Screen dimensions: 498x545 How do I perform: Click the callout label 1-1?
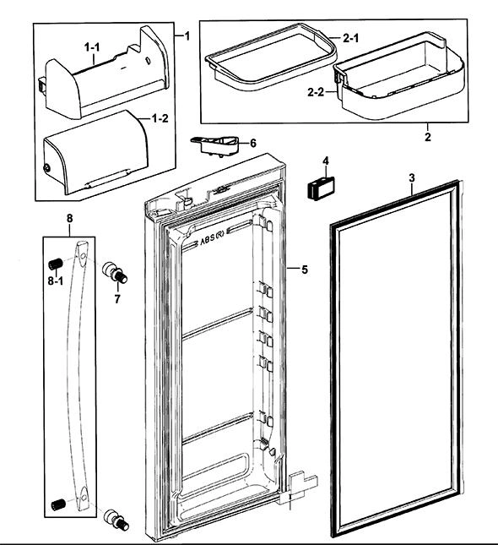click(x=92, y=47)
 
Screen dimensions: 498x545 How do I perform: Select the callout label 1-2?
click(x=160, y=118)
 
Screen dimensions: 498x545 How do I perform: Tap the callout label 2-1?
click(x=351, y=38)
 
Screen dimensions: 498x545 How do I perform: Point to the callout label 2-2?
click(x=316, y=92)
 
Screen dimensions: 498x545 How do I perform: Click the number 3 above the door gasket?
click(x=412, y=178)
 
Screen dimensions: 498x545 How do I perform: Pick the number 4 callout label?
click(x=326, y=161)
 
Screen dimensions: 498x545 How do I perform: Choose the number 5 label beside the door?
click(x=305, y=270)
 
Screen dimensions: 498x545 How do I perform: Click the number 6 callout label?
click(x=253, y=143)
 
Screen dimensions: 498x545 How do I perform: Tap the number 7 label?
click(x=117, y=298)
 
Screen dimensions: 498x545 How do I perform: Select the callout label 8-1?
click(x=56, y=281)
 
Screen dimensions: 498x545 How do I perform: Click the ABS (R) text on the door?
click(x=213, y=240)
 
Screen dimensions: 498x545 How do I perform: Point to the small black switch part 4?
click(x=321, y=188)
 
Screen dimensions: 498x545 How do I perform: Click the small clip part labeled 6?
click(x=215, y=146)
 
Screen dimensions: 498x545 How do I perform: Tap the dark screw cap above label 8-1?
click(x=55, y=264)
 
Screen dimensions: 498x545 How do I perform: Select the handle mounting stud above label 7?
click(x=115, y=274)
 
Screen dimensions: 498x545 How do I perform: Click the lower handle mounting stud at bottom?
click(x=116, y=520)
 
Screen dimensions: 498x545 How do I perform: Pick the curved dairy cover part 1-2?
click(x=95, y=151)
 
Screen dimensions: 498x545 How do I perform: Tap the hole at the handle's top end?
click(x=83, y=255)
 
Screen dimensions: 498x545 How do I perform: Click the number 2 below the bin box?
click(x=427, y=137)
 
